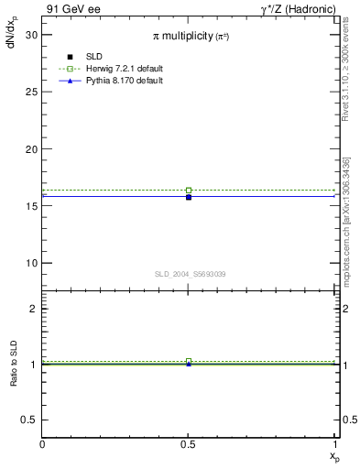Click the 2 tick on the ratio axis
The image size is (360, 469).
(x=34, y=309)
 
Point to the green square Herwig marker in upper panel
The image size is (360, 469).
(x=189, y=191)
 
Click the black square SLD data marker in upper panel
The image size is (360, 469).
(x=189, y=197)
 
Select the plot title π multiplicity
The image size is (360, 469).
(x=191, y=36)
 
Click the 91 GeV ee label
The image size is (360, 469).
(x=73, y=8)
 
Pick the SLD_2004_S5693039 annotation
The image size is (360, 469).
(x=190, y=274)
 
